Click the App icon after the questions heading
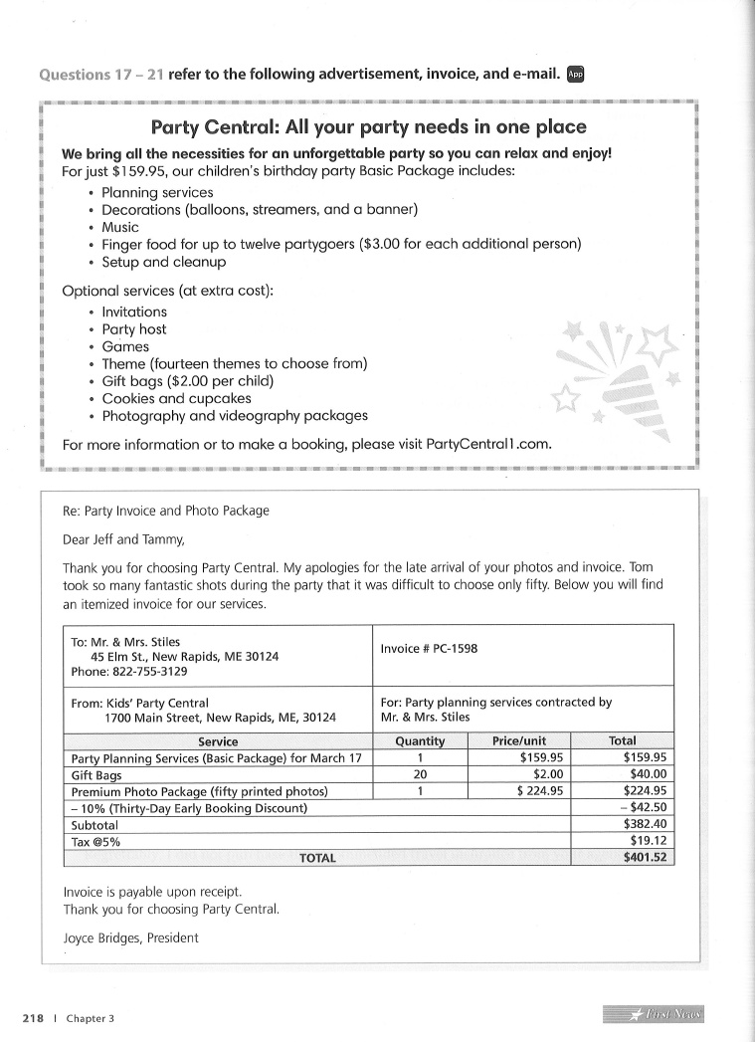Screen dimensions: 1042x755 [x=575, y=74]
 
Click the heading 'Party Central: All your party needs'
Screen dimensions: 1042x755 [x=368, y=127]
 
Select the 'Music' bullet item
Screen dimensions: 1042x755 [x=120, y=227]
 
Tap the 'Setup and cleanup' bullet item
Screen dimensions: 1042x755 [x=164, y=262]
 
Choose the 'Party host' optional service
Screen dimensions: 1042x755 [x=134, y=329]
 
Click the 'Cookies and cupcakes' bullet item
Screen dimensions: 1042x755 [x=176, y=398]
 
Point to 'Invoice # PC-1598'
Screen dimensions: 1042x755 [x=429, y=649]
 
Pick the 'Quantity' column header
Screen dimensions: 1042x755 [x=420, y=741]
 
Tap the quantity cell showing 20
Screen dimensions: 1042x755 [x=420, y=774]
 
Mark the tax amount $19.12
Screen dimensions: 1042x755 [x=648, y=841]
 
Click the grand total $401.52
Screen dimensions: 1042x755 [x=645, y=858]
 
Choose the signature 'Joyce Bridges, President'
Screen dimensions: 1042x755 [x=130, y=938]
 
